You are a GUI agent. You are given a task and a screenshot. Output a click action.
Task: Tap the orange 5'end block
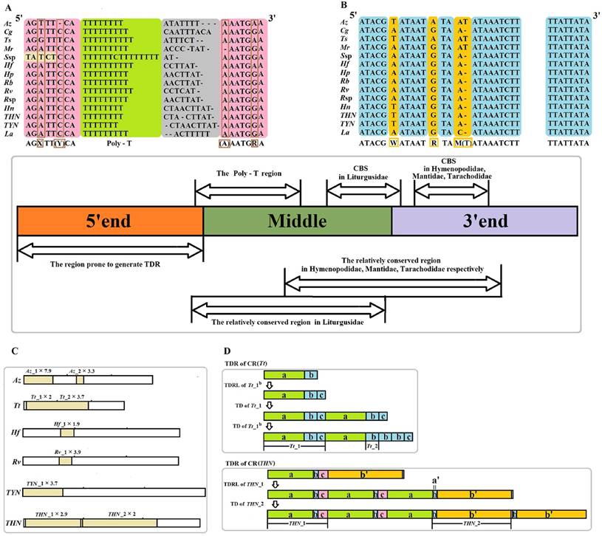[109, 221]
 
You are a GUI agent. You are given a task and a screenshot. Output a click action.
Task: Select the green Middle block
[297, 221]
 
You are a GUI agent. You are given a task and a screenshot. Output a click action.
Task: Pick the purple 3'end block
[484, 221]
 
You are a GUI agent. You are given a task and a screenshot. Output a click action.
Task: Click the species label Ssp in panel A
[12, 57]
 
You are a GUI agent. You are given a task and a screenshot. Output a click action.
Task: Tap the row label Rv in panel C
[12, 461]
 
